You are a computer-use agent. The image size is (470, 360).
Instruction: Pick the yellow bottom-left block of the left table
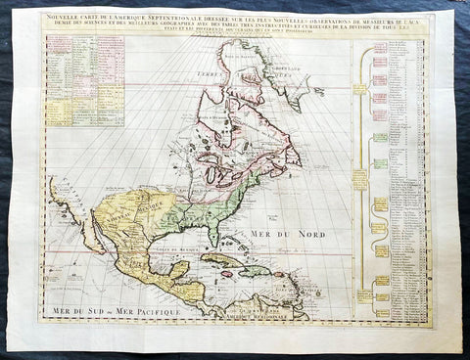coord(58,110)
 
